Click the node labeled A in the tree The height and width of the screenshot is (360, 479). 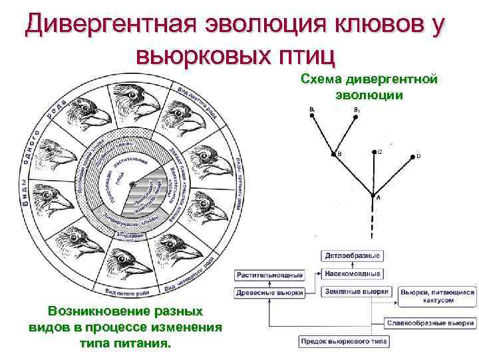tap(373, 195)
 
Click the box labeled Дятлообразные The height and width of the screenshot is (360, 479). tap(353, 255)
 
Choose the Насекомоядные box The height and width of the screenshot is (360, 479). tap(353, 273)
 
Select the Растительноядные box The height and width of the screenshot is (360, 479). tap(269, 274)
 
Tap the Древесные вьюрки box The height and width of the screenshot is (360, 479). tap(269, 292)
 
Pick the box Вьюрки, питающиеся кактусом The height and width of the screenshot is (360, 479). tap(438, 296)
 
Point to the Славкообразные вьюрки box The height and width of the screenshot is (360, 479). tap(430, 323)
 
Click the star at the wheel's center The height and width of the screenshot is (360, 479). tap(134, 182)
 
